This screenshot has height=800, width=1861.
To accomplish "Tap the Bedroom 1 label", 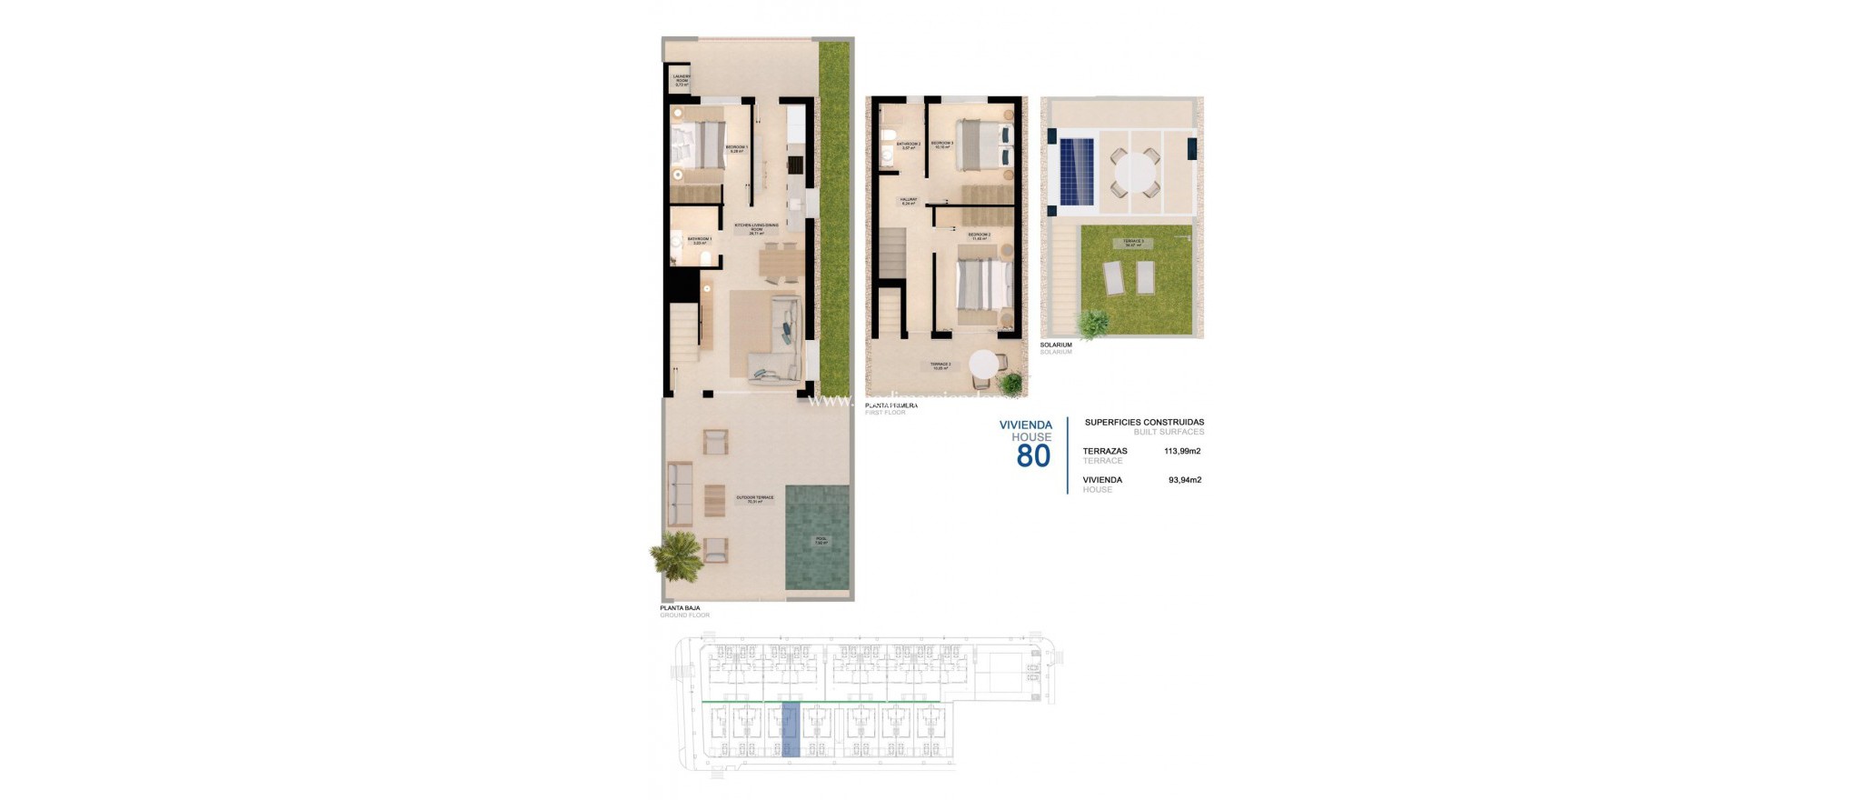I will click(736, 148).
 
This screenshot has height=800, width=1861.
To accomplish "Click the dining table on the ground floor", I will click(781, 262).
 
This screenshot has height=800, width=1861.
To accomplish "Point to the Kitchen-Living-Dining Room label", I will click(756, 228).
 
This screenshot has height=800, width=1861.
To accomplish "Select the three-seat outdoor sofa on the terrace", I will click(679, 494).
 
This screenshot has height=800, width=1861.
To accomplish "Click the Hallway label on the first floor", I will click(909, 201).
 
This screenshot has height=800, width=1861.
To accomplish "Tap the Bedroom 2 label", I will click(979, 236).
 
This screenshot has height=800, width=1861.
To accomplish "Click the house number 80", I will click(1033, 455).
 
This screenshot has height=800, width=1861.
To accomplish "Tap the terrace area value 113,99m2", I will click(1182, 451).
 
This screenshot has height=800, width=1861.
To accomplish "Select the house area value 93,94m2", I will click(1184, 480).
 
